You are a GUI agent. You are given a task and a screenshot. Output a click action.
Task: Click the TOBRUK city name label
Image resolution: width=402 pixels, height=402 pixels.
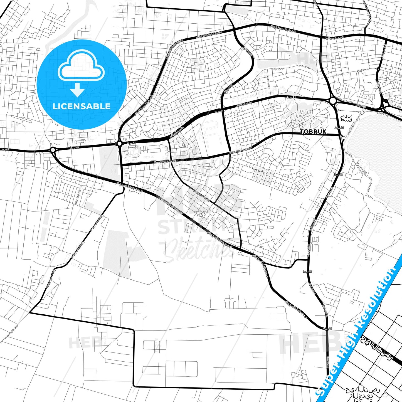tap(313, 132)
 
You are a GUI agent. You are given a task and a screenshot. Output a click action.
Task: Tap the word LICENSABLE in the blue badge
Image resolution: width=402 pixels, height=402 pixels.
tap(82, 106)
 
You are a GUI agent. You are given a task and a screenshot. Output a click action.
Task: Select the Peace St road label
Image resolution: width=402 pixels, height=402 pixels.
tap(361, 106)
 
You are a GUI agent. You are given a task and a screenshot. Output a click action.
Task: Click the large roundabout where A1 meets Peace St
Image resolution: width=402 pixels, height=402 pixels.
tap(332, 101)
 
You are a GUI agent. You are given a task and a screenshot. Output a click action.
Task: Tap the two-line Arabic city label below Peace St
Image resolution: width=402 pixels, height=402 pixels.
tap(346, 118)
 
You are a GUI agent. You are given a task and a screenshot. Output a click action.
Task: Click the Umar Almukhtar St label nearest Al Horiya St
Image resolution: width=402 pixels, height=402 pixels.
tap(240, 150)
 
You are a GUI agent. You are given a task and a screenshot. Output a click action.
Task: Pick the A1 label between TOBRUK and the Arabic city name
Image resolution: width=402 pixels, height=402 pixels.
tap(339, 127)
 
